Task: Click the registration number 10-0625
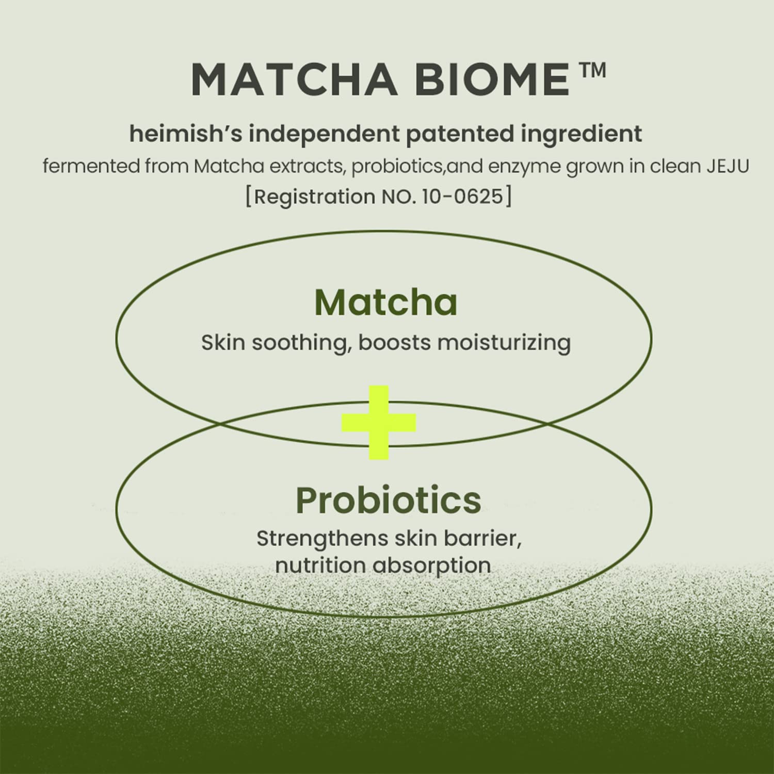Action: tap(462, 197)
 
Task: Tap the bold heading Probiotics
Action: tap(388, 500)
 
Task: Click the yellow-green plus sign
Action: tap(379, 423)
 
